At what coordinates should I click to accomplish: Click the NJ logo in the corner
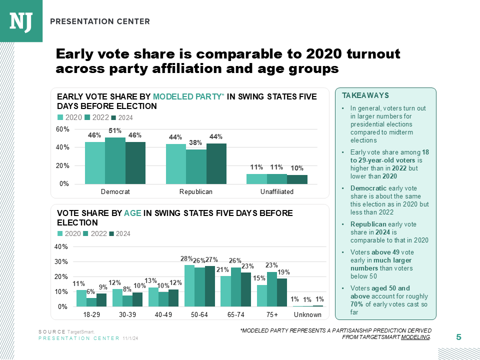coord(21,20)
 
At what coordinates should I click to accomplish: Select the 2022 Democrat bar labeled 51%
coord(115,160)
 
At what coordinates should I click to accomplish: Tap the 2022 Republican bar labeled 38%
coord(196,166)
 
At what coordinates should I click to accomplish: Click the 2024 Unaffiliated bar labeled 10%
coord(297,179)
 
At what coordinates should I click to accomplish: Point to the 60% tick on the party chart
coord(62,129)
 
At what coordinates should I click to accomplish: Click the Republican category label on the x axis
coord(196,192)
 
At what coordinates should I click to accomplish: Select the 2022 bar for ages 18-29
coord(91,302)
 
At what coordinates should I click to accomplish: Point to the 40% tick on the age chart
coord(61,247)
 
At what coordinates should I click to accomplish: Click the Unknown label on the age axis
coord(307,315)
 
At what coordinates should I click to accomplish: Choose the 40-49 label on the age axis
coord(163,315)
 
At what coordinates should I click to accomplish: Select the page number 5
coord(458,338)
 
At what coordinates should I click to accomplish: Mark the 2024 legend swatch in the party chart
coord(113,117)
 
